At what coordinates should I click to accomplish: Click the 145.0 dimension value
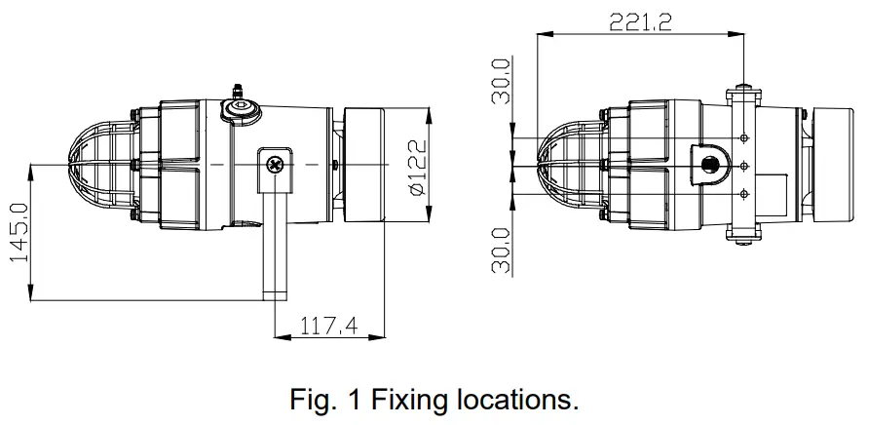pyautogui.click(x=18, y=231)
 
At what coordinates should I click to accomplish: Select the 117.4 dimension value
pyautogui.click(x=330, y=325)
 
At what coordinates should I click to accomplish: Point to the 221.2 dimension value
pyautogui.click(x=640, y=21)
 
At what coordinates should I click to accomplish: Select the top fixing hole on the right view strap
pyautogui.click(x=744, y=137)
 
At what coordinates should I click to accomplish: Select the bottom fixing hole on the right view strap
pyautogui.click(x=744, y=193)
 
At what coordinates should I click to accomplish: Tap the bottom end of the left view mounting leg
pyautogui.click(x=275, y=293)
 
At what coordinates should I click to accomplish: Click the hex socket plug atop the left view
pyautogui.click(x=238, y=110)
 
